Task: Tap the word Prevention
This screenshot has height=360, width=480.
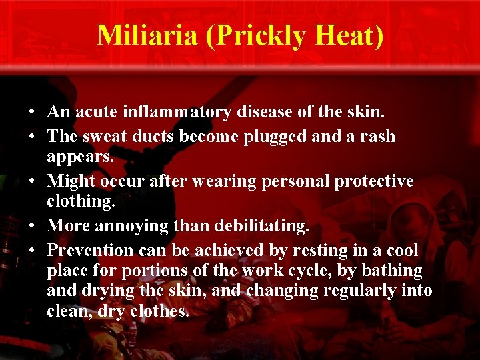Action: [90, 250]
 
